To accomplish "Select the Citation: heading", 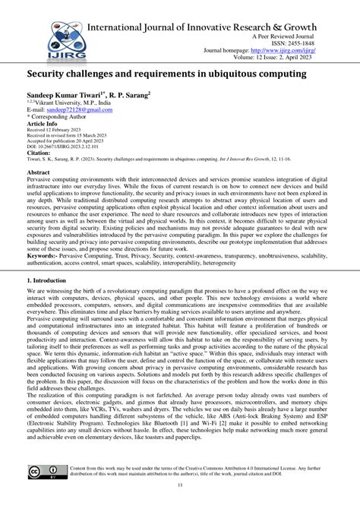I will point(42,154).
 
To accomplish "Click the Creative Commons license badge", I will point(44,472).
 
